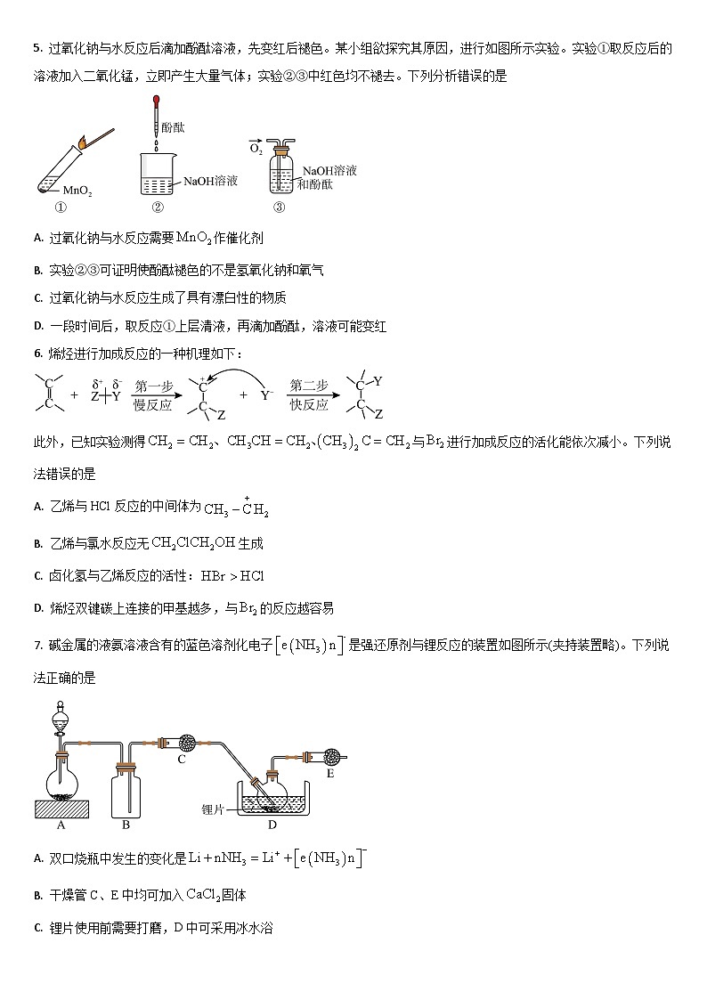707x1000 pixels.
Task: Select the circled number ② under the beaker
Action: (158, 208)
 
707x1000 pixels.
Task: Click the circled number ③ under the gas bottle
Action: (279, 208)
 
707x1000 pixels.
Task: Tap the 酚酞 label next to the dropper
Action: (173, 128)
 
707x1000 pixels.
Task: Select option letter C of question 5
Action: (37, 298)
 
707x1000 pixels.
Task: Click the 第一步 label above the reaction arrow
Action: (153, 386)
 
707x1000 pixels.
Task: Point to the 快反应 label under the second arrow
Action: (309, 404)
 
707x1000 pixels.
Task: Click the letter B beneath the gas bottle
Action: (126, 825)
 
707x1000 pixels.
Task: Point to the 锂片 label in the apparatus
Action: (214, 809)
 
